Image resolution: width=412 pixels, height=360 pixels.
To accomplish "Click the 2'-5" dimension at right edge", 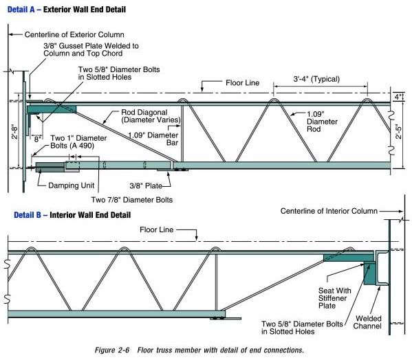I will (401, 133).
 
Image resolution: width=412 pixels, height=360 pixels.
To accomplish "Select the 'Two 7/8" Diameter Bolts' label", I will (132, 199).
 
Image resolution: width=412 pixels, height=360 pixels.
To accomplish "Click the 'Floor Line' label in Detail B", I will (158, 229).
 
